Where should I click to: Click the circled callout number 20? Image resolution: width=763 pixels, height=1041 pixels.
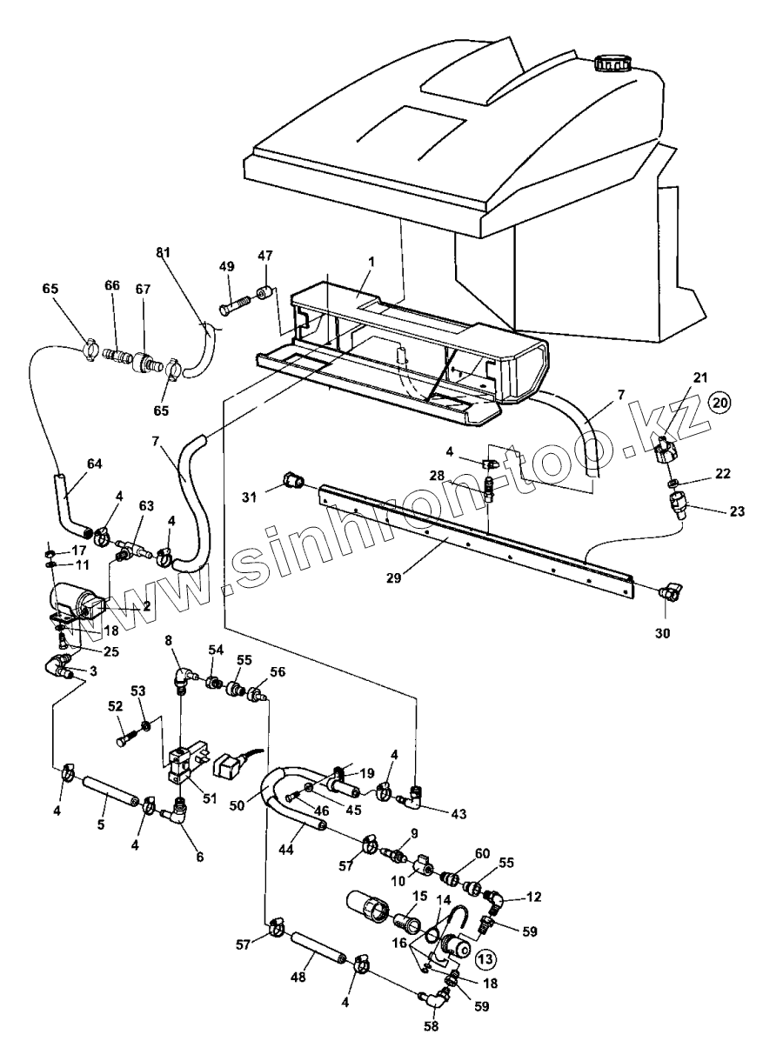pyautogui.click(x=719, y=403)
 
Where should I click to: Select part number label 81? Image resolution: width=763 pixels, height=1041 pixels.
pyautogui.click(x=164, y=252)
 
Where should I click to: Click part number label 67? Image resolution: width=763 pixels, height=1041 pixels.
pyautogui.click(x=143, y=289)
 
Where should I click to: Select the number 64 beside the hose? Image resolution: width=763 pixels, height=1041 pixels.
pyautogui.click(x=94, y=464)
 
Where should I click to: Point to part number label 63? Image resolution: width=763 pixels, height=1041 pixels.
pyautogui.click(x=145, y=506)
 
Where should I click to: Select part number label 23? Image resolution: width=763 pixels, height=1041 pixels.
pyautogui.click(x=737, y=511)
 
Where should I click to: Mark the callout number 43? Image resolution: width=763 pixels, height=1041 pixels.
pyautogui.click(x=458, y=814)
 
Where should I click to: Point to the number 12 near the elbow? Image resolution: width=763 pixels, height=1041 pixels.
pyautogui.click(x=533, y=897)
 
